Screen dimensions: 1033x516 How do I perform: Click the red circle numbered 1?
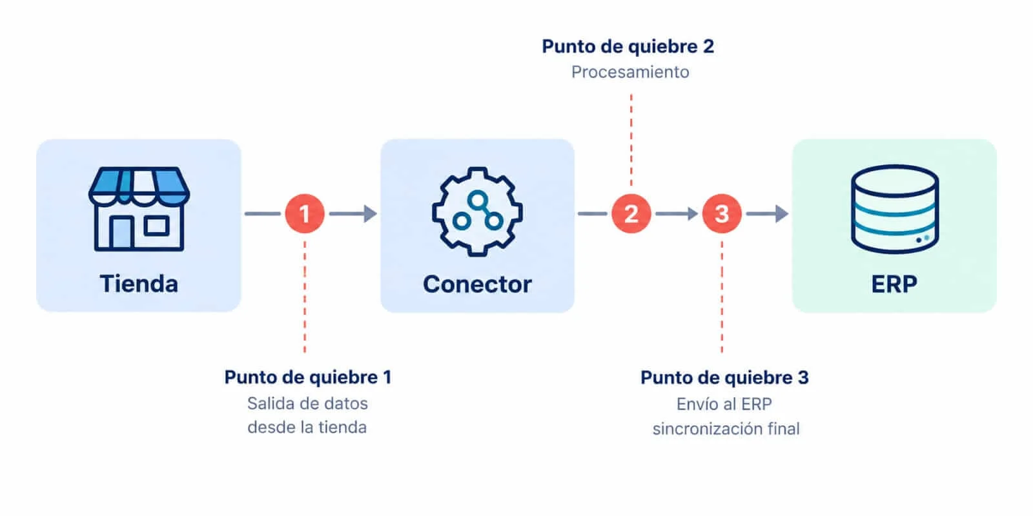tap(304, 213)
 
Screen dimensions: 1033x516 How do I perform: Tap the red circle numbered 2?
tap(631, 213)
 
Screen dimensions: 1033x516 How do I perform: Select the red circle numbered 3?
tap(722, 213)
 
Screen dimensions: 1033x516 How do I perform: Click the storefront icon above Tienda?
tap(139, 209)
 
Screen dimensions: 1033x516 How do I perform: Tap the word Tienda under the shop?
tap(139, 283)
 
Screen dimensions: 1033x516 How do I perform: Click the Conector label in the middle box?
tap(477, 284)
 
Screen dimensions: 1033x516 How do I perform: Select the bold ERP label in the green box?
tap(894, 284)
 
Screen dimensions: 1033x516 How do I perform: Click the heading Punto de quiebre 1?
tap(308, 377)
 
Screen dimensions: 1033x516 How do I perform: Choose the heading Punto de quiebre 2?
tap(628, 46)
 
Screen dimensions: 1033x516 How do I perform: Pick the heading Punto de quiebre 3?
tap(724, 378)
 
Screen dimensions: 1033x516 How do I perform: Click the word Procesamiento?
tap(630, 72)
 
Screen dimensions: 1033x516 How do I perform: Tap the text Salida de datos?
tap(307, 404)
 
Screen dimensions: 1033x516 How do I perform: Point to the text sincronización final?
tap(726, 429)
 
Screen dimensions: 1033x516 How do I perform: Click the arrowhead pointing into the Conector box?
tap(371, 213)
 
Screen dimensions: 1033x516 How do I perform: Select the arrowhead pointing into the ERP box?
tap(782, 213)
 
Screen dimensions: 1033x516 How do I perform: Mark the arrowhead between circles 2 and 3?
tap(692, 213)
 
